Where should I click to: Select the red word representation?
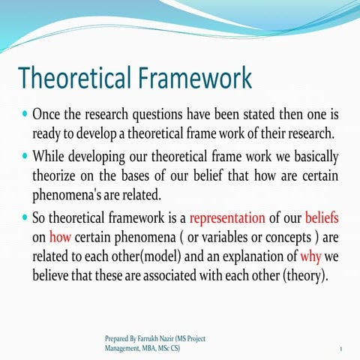pos(227,219)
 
